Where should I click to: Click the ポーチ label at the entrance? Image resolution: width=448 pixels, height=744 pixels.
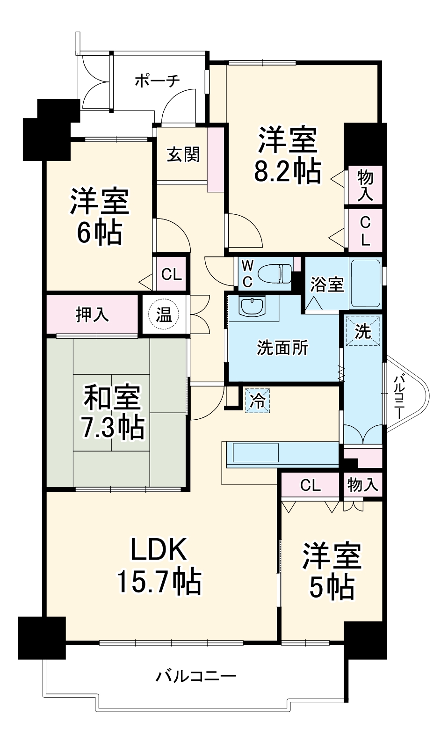coord(157,81)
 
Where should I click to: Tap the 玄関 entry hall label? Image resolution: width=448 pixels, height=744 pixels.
coord(183,154)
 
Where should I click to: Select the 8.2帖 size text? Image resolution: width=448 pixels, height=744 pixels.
coord(287,172)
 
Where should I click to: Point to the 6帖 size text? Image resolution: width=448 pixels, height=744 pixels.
coord(99,232)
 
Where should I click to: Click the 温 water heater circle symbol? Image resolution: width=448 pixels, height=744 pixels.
coord(163,315)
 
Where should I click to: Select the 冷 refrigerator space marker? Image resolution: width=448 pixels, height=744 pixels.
coord(257,401)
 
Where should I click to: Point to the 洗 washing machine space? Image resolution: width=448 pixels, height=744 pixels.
coord(363,331)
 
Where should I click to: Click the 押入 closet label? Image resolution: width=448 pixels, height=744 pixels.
coord(93,314)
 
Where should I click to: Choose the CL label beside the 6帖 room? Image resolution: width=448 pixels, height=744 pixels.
coord(171,274)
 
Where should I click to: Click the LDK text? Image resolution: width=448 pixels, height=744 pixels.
coord(159,550)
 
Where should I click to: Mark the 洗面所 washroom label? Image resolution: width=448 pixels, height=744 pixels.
coord(283,348)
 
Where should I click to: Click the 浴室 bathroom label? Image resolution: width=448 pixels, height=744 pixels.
coord(327,284)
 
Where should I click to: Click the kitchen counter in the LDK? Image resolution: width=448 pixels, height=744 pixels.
coord(282,453)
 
